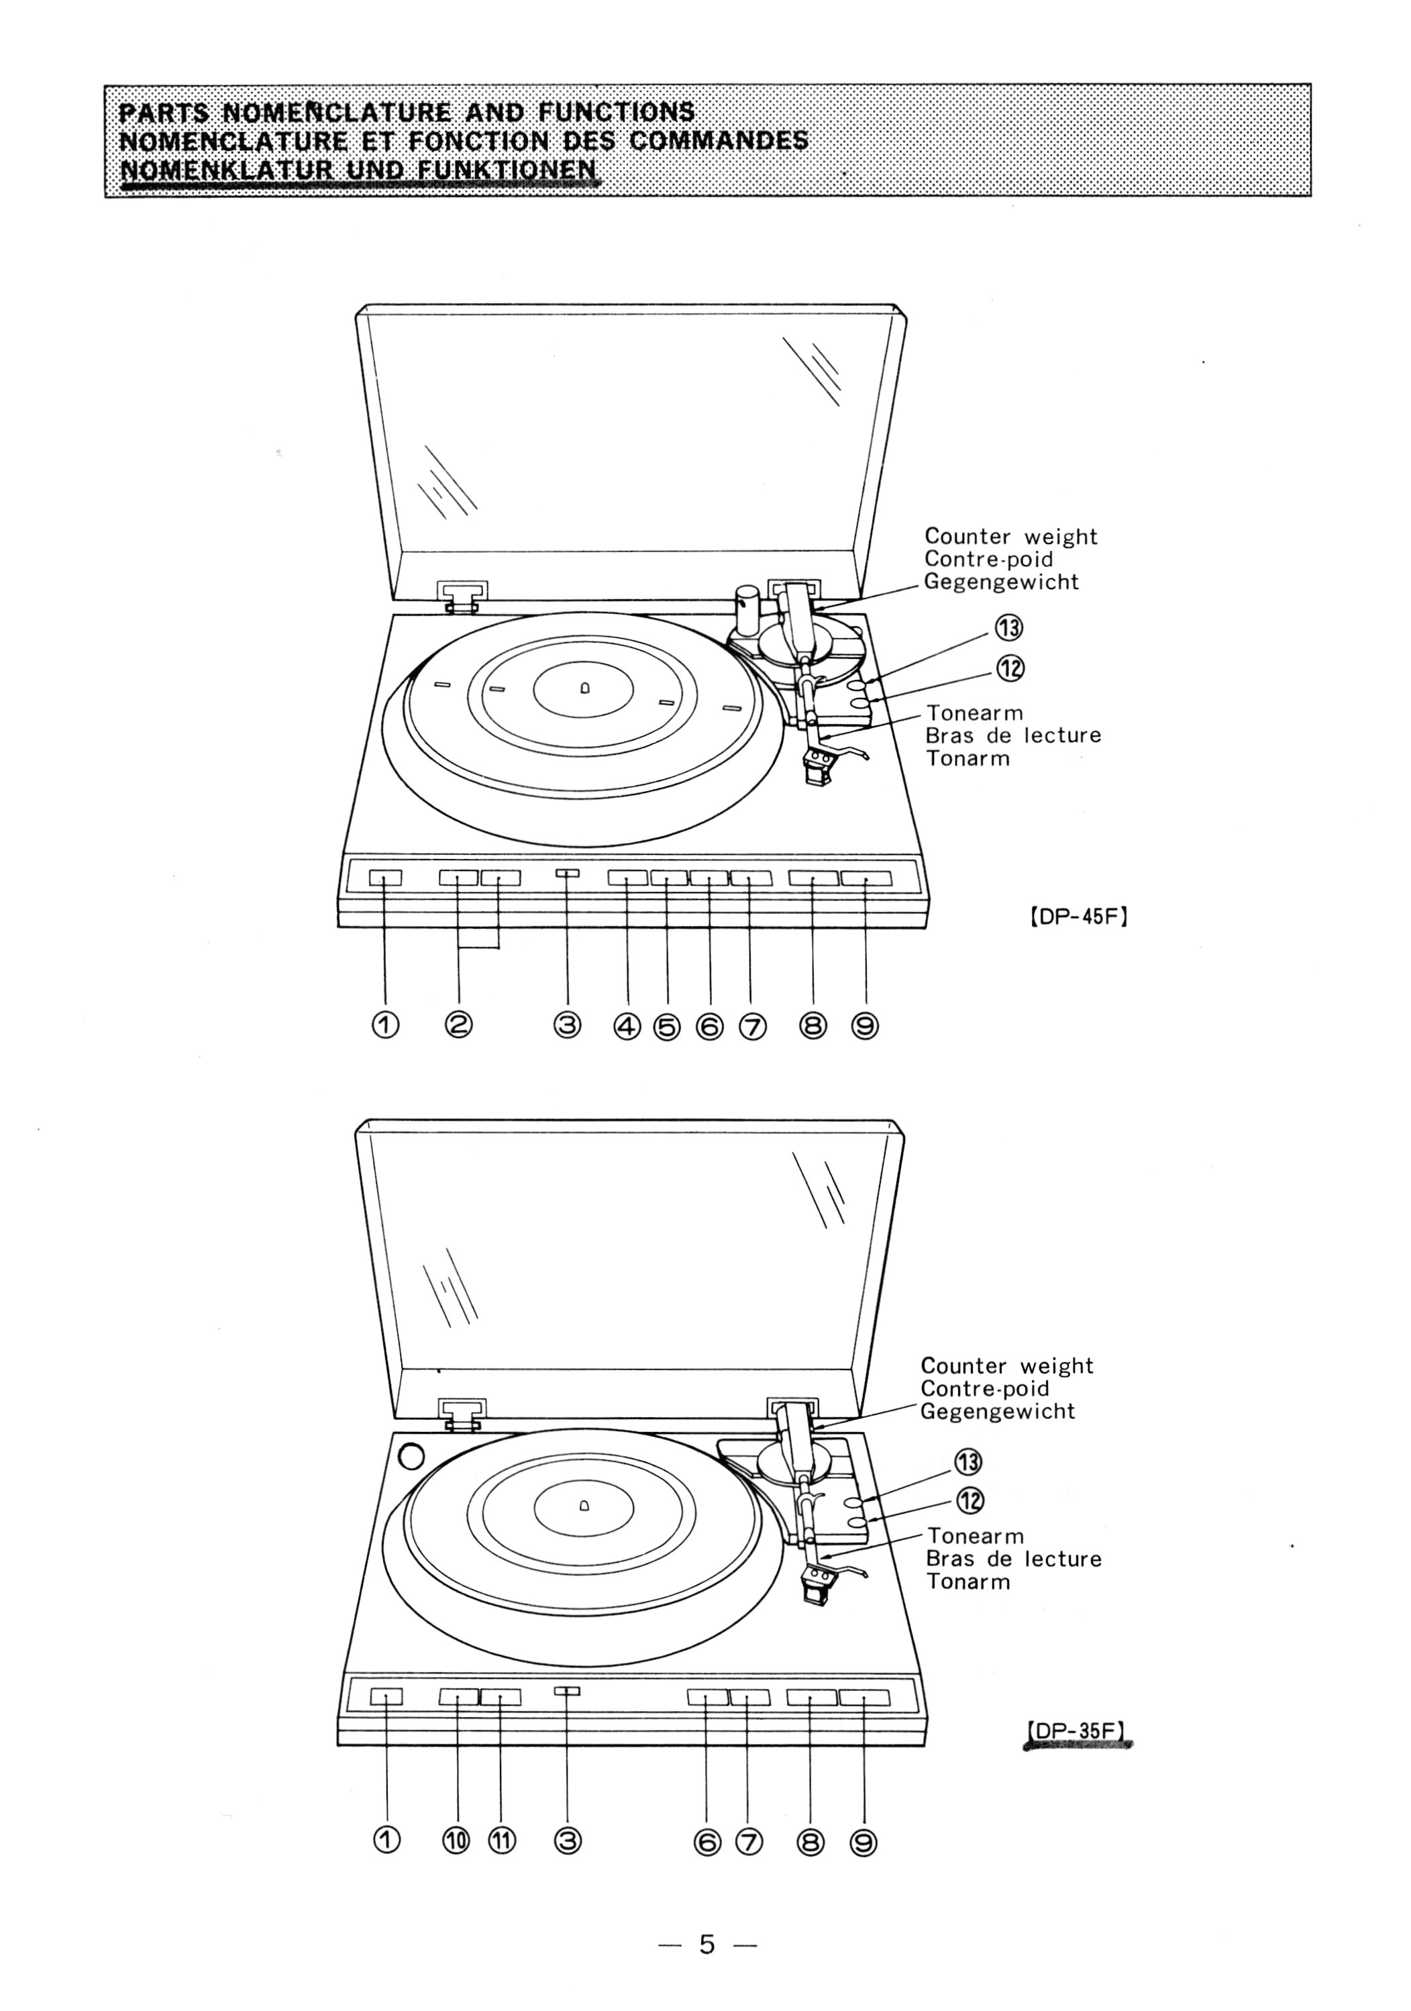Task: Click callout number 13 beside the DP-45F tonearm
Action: click(1009, 627)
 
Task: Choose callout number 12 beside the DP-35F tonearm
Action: click(969, 1500)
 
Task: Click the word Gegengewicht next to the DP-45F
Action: click(1001, 582)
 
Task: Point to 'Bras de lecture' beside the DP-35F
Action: click(1013, 1559)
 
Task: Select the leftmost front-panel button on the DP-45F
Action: click(385, 878)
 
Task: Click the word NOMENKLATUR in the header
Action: click(223, 168)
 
